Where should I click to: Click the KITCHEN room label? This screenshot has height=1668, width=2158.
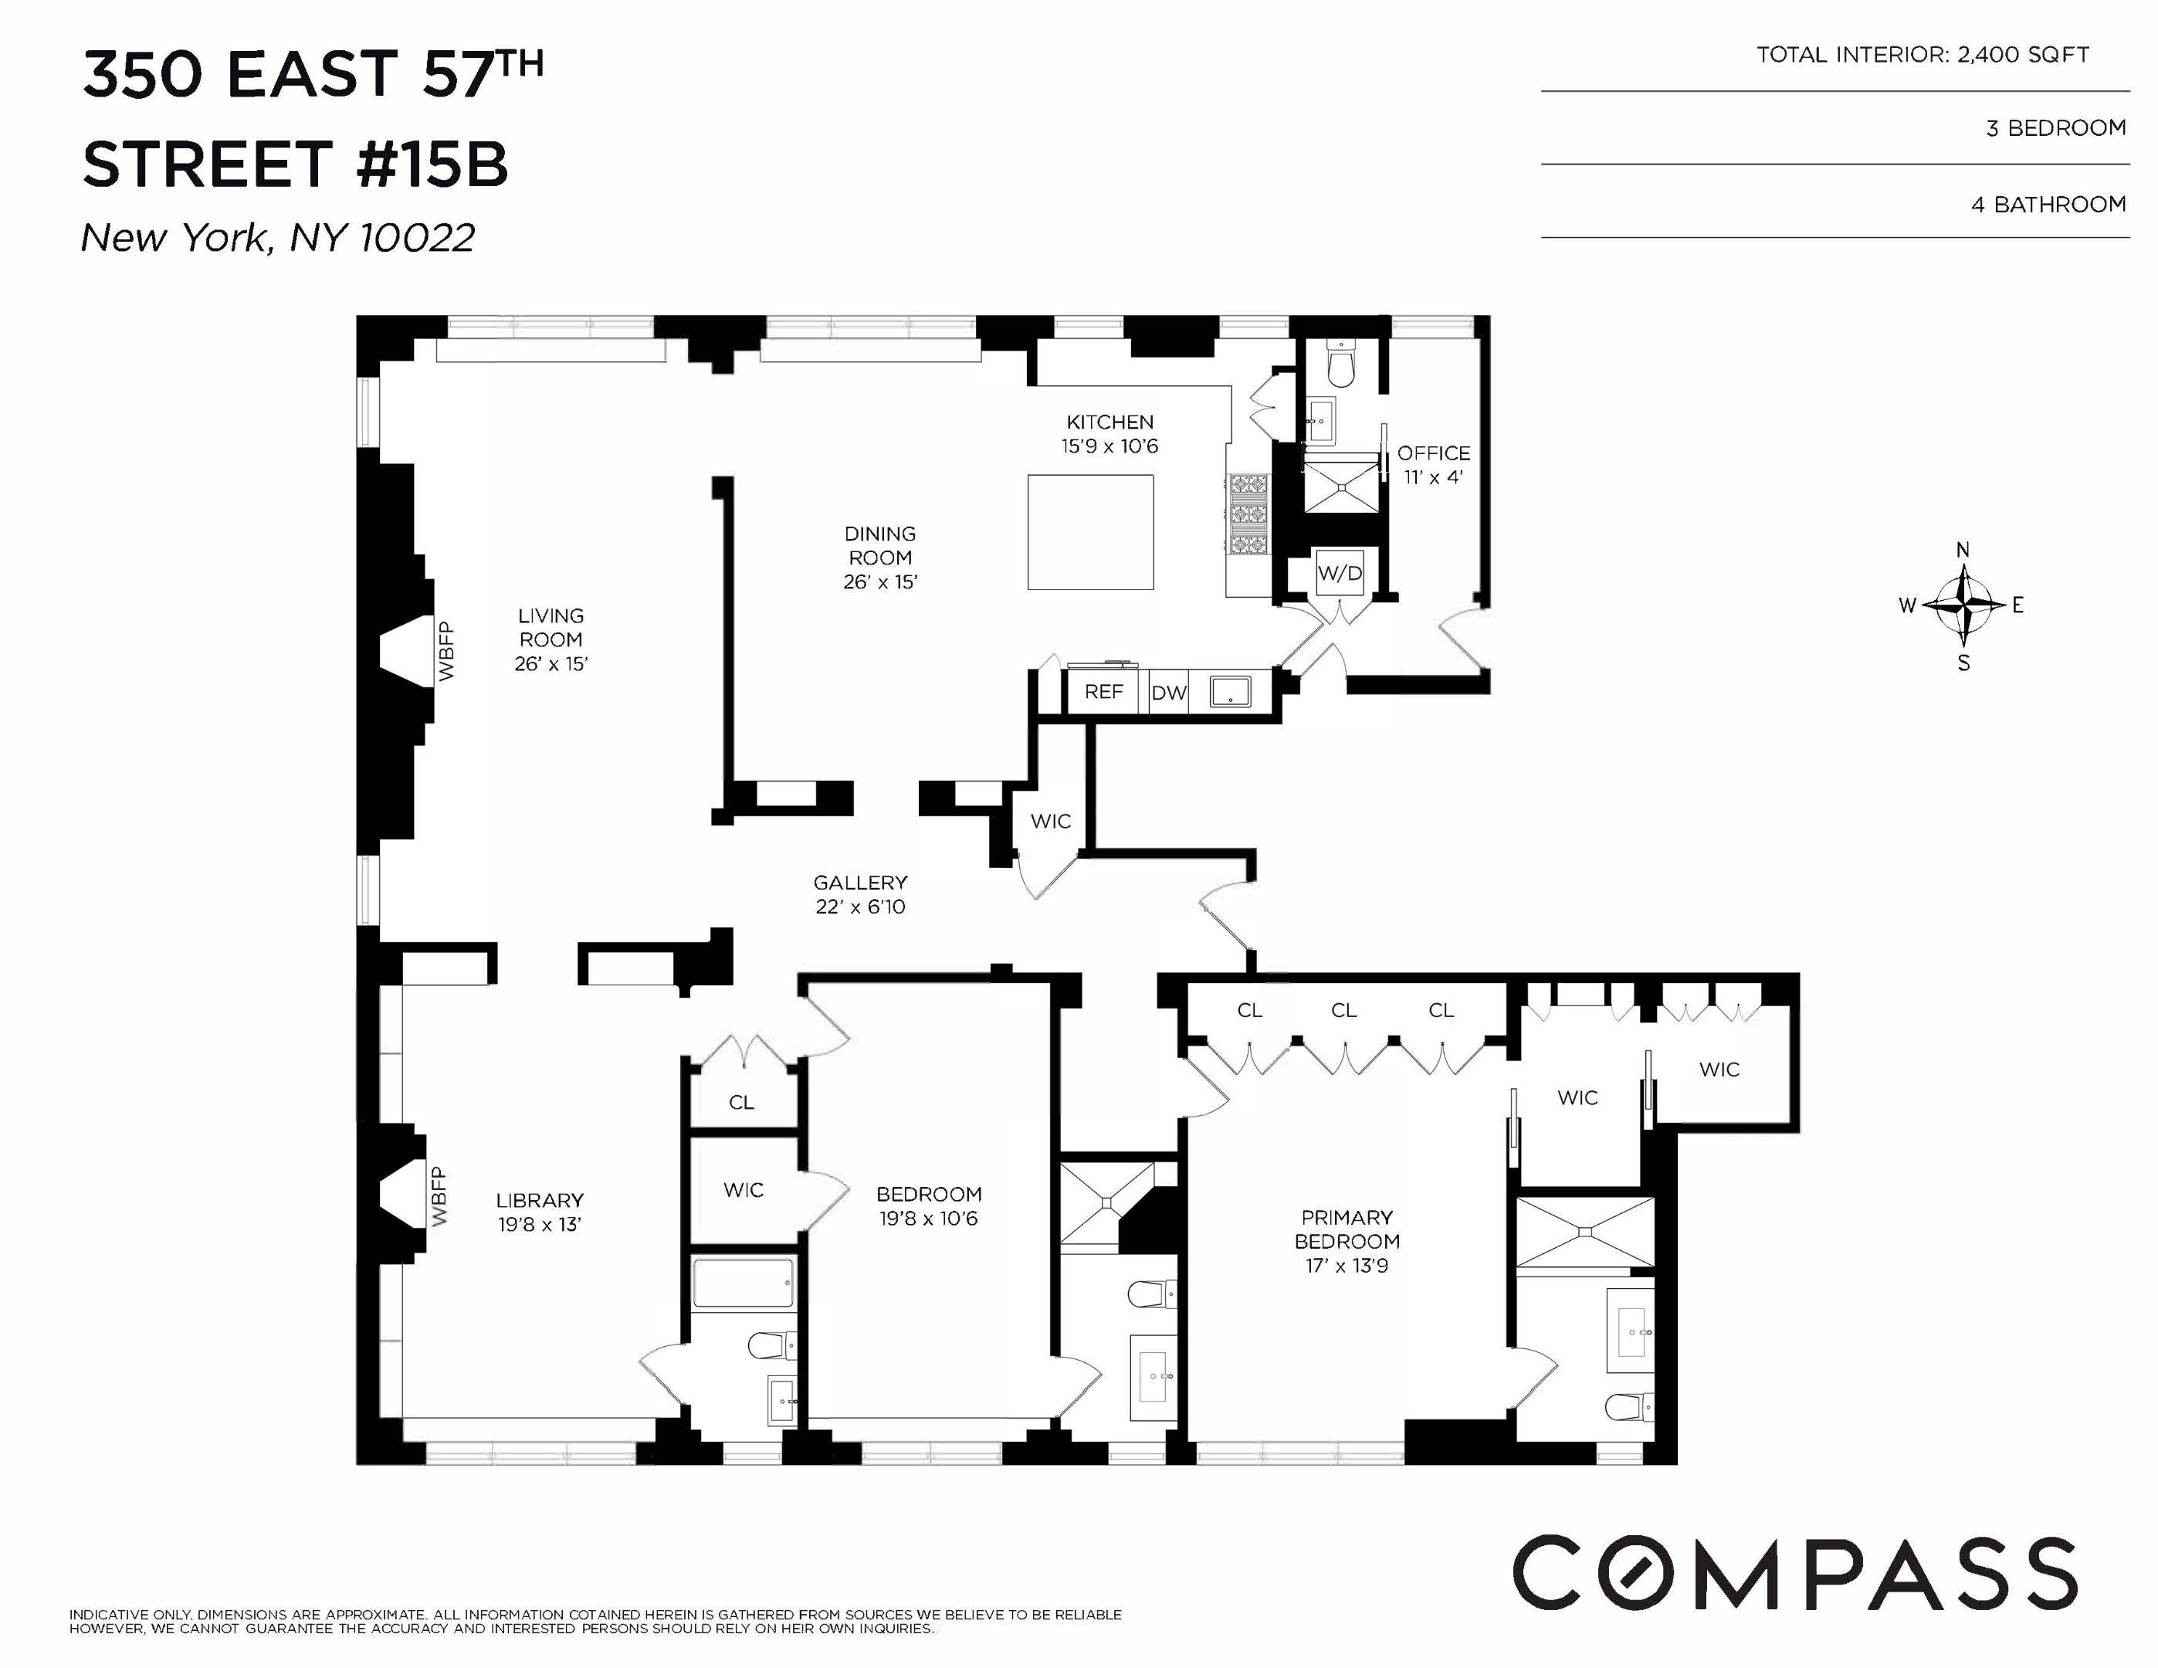1109,422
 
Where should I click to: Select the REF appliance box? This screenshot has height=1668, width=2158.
1103,692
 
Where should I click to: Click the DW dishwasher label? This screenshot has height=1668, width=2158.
1168,693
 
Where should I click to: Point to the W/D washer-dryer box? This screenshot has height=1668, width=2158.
1339,573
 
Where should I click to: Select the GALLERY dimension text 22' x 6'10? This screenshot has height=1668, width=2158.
859,907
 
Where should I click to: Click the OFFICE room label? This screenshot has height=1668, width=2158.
1433,453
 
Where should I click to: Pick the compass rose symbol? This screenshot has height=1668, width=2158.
1963,604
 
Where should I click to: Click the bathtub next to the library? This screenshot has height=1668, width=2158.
742,1283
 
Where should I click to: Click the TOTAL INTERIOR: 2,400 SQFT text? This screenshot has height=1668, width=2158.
1922,56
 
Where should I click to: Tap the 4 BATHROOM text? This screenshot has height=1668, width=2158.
2048,205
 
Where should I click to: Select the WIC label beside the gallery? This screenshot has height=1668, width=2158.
1049,821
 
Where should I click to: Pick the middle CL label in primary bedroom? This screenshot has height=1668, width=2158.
1343,1010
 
